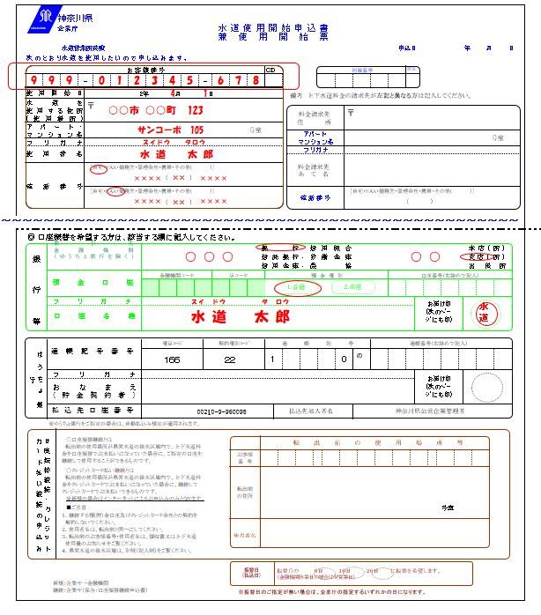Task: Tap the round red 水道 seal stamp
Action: click(484, 313)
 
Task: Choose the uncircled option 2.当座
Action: click(352, 287)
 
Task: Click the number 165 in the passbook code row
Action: click(171, 359)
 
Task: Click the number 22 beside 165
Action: click(230, 359)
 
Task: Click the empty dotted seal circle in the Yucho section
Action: click(486, 385)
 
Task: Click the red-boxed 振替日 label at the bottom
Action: click(250, 572)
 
